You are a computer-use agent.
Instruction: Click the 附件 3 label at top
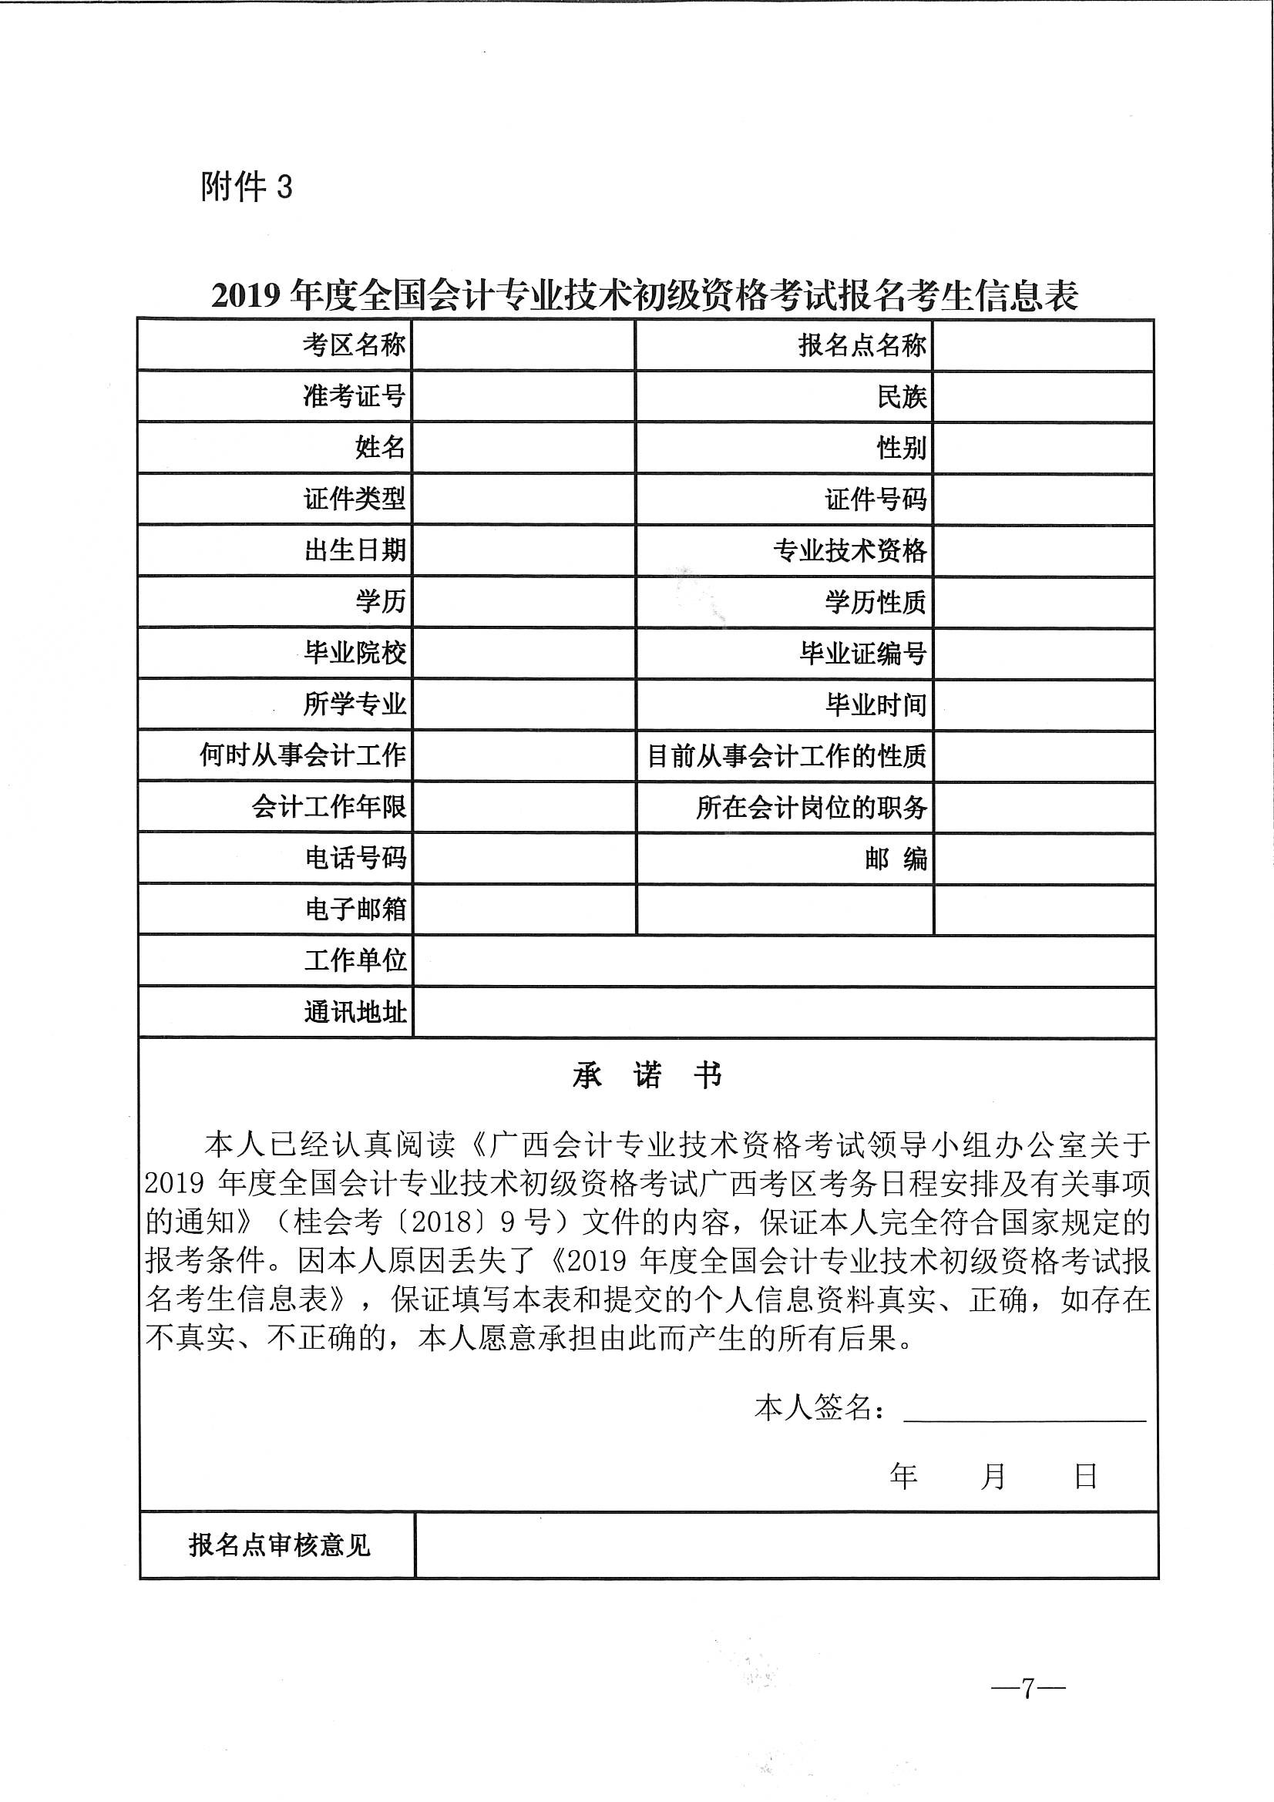[x=246, y=187]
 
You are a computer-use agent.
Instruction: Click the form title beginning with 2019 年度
[x=644, y=296]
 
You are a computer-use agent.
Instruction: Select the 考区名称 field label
[x=354, y=345]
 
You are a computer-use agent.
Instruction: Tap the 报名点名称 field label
[x=862, y=345]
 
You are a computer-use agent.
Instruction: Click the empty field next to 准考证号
[x=523, y=396]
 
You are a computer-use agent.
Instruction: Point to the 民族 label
[x=902, y=396]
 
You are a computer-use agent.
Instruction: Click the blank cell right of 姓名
[x=523, y=447]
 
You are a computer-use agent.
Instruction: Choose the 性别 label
[x=902, y=448]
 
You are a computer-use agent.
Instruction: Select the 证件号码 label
[x=876, y=499]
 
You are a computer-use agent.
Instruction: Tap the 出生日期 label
[x=355, y=550]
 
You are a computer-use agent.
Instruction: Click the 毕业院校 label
[x=355, y=652]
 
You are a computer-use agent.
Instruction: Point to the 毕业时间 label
[x=876, y=704]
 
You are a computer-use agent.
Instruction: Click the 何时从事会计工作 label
[x=302, y=755]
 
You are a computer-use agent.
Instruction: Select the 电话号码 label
[x=355, y=858]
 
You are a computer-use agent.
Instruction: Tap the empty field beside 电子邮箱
[x=523, y=909]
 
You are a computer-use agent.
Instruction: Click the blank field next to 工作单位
[x=783, y=960]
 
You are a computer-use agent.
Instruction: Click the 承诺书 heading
[x=647, y=1076]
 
